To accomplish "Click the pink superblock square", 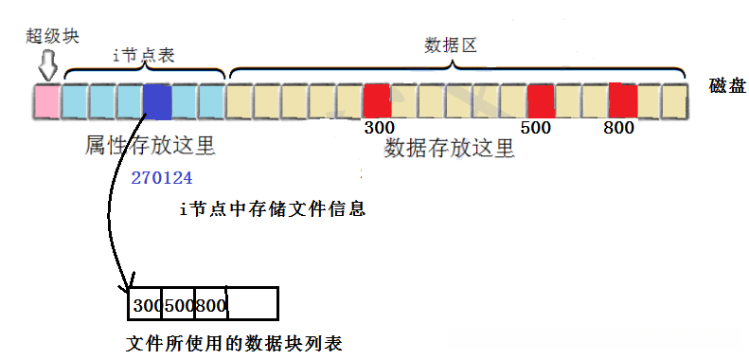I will [46, 100].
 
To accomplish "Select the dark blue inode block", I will [157, 100].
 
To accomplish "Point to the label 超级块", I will [53, 37].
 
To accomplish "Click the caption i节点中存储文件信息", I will [272, 208].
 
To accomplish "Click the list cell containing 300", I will [146, 304].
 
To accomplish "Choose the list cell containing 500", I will [178, 304].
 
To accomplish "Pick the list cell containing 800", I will [210, 304].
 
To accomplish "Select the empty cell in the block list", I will [252, 304].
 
